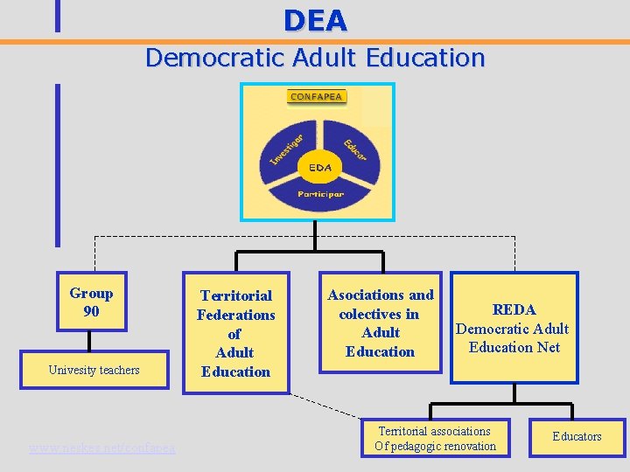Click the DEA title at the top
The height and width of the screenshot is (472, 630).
(x=315, y=19)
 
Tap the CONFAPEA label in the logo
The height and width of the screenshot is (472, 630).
(x=316, y=97)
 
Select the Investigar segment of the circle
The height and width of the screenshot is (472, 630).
(x=286, y=149)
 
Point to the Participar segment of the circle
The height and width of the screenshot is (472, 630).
(x=319, y=191)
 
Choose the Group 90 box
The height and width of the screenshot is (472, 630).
(x=91, y=302)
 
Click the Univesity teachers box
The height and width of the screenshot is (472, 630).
(x=94, y=370)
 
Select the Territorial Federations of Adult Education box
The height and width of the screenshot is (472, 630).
(x=235, y=333)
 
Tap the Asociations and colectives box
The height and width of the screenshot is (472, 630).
(x=380, y=323)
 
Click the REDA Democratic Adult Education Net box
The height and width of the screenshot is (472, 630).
(x=514, y=329)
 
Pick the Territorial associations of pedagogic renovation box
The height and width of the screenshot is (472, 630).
(x=435, y=439)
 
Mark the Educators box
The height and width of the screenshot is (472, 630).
(x=577, y=436)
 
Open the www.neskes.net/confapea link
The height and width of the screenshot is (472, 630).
(x=101, y=448)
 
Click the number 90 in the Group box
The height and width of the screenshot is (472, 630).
(x=91, y=311)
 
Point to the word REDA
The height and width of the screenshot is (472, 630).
(x=514, y=309)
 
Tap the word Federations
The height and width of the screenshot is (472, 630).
(x=235, y=315)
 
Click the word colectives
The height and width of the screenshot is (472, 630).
(x=379, y=314)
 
